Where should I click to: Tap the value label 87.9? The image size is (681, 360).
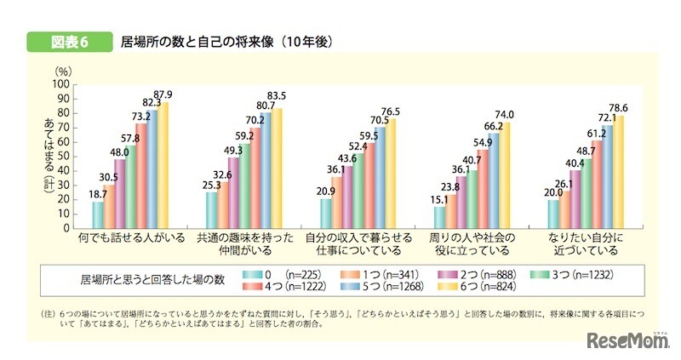(x=163, y=94)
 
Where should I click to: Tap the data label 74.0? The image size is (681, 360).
(x=506, y=114)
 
